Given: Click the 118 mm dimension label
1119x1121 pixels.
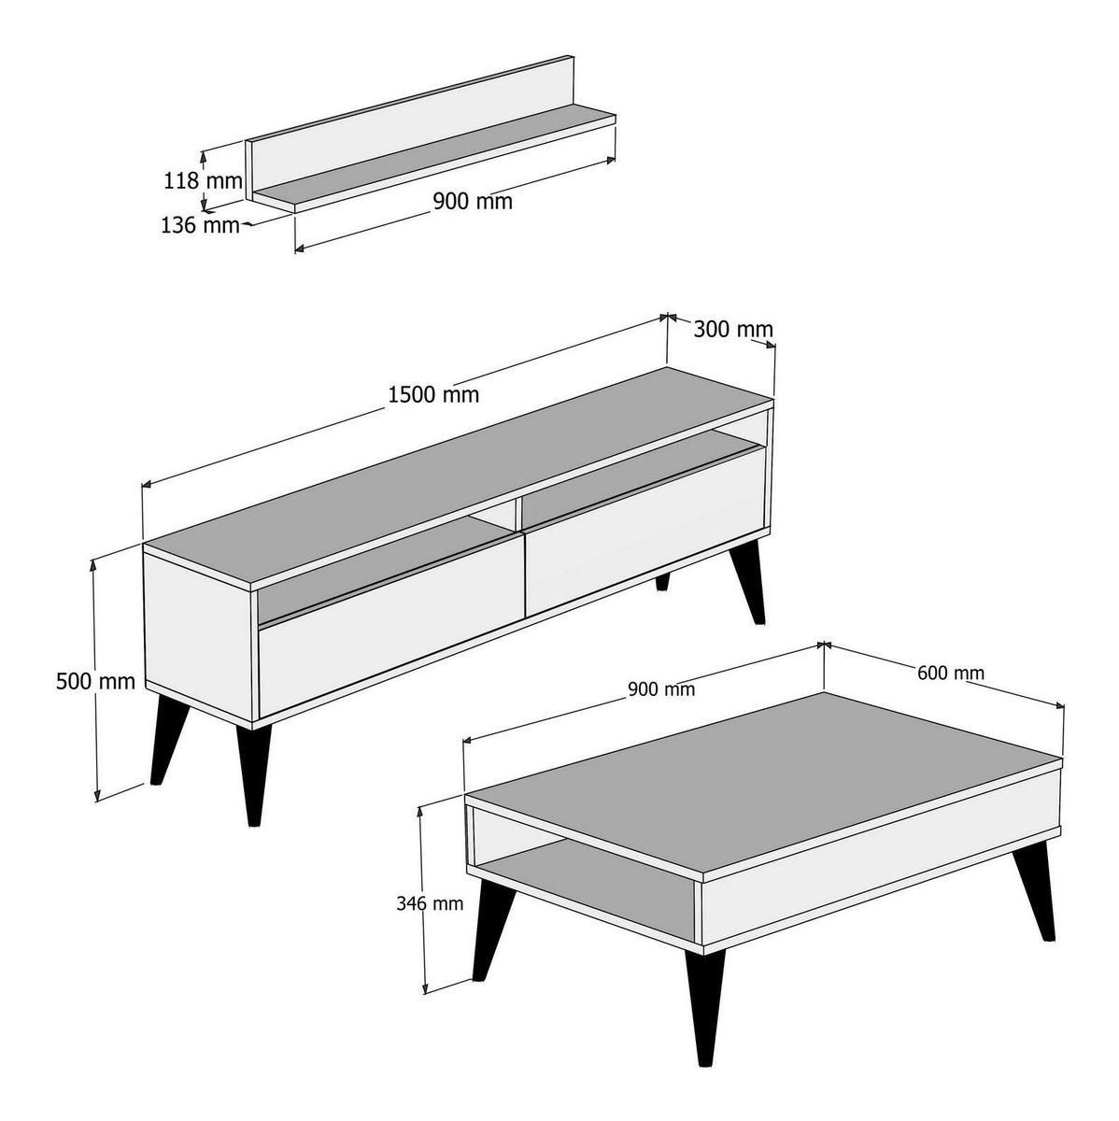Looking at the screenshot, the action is click(203, 181).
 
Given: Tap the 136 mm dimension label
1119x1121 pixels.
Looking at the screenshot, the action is click(200, 225).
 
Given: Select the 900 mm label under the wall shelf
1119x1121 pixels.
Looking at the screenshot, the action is click(473, 201).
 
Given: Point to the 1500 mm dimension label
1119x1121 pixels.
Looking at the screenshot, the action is click(433, 395).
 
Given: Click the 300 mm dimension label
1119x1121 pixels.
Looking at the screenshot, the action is click(733, 329).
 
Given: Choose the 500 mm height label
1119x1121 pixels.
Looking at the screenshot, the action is click(95, 681).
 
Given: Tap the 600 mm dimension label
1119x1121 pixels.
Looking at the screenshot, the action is click(951, 673).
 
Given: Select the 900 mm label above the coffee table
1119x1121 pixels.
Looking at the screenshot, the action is click(661, 689).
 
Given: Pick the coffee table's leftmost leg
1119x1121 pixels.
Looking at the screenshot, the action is click(492, 929).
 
